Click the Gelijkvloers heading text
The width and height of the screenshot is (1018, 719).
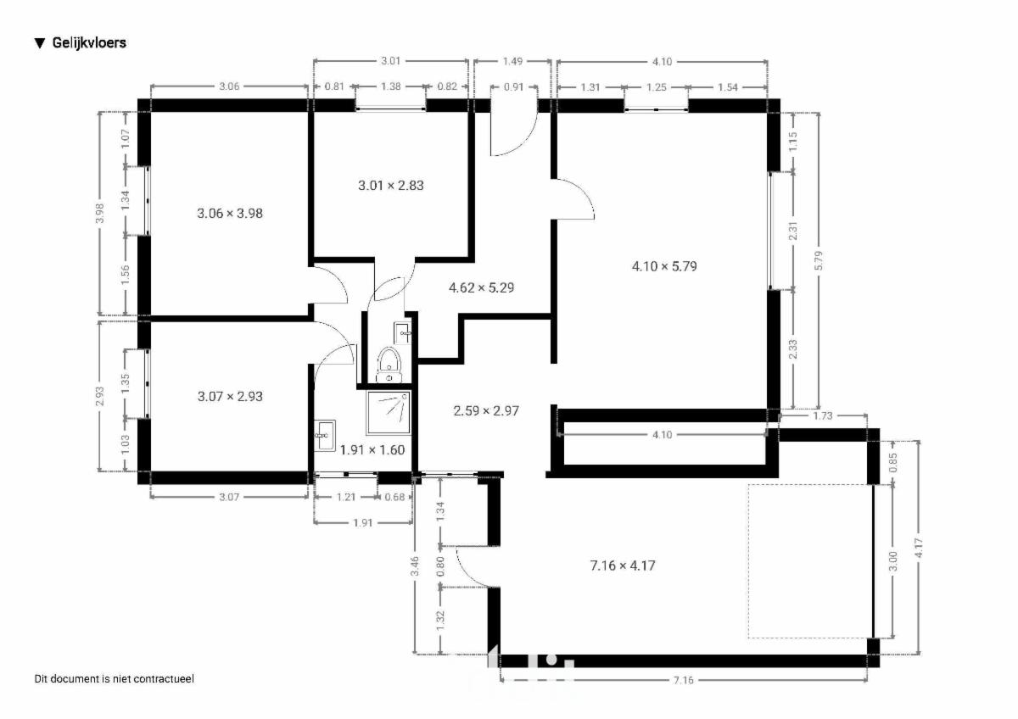89,43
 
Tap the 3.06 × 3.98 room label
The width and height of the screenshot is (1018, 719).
230,214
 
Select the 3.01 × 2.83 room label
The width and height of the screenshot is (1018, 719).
391,186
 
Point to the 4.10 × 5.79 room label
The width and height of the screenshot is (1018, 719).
664,266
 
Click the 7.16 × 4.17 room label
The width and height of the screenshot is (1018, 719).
623,566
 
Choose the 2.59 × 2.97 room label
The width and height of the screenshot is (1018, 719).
486,411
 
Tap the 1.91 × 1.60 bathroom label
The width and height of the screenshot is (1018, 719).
372,450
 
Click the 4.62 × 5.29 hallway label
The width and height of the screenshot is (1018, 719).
482,288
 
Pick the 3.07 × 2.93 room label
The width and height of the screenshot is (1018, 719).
230,397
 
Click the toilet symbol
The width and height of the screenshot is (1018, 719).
389,365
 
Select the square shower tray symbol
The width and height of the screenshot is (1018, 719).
389,412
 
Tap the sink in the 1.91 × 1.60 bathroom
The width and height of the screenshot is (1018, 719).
324,436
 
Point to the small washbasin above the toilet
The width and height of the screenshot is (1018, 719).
403,333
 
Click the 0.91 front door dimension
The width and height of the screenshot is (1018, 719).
514,86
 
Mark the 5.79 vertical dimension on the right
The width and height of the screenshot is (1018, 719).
819,260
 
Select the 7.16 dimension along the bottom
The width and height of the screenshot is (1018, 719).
684,680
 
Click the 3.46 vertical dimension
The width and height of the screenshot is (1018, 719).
415,566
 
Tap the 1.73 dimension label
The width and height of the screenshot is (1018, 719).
823,415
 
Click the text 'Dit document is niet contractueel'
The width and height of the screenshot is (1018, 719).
114,679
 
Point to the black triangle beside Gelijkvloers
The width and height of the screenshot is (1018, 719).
40,43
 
